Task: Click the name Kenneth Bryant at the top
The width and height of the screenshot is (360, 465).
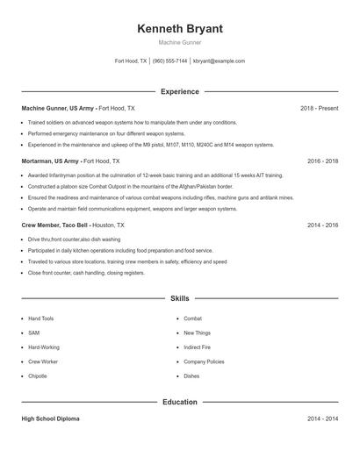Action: click(180, 29)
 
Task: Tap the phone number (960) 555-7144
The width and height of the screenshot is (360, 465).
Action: click(170, 61)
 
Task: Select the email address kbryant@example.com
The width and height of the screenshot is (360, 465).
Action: click(219, 61)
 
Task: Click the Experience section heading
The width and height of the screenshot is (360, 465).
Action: click(180, 91)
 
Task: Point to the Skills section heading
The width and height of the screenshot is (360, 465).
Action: click(180, 298)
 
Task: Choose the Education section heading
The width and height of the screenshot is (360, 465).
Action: click(180, 402)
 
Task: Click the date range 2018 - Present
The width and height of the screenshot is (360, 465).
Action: click(319, 108)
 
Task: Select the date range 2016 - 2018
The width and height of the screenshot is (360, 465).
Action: click(322, 161)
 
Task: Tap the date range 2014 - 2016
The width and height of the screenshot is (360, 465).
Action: click(322, 225)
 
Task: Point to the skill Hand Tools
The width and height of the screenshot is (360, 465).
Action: click(41, 318)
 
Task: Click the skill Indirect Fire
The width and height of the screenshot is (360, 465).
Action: click(198, 347)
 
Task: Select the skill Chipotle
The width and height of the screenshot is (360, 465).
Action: click(38, 376)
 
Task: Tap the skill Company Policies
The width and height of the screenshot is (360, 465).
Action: click(204, 361)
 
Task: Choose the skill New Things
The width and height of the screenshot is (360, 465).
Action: click(197, 333)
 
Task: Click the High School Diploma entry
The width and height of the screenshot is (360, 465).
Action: click(50, 419)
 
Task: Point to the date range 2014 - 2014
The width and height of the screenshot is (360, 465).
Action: click(322, 419)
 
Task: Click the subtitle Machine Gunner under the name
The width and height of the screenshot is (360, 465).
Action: click(180, 42)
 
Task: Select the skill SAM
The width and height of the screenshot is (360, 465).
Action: click(33, 333)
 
